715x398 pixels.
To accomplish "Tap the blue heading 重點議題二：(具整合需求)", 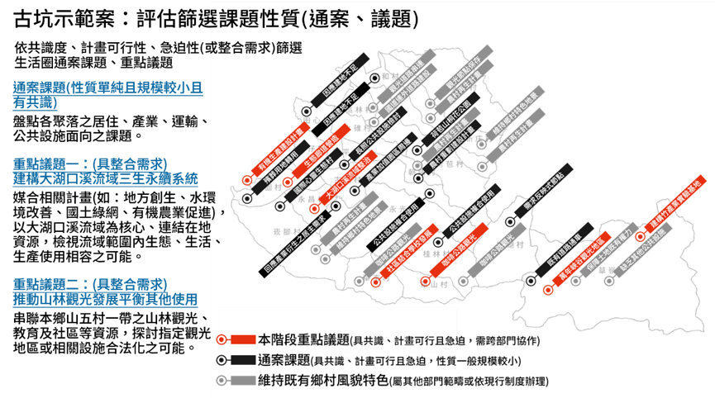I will [90, 284].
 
